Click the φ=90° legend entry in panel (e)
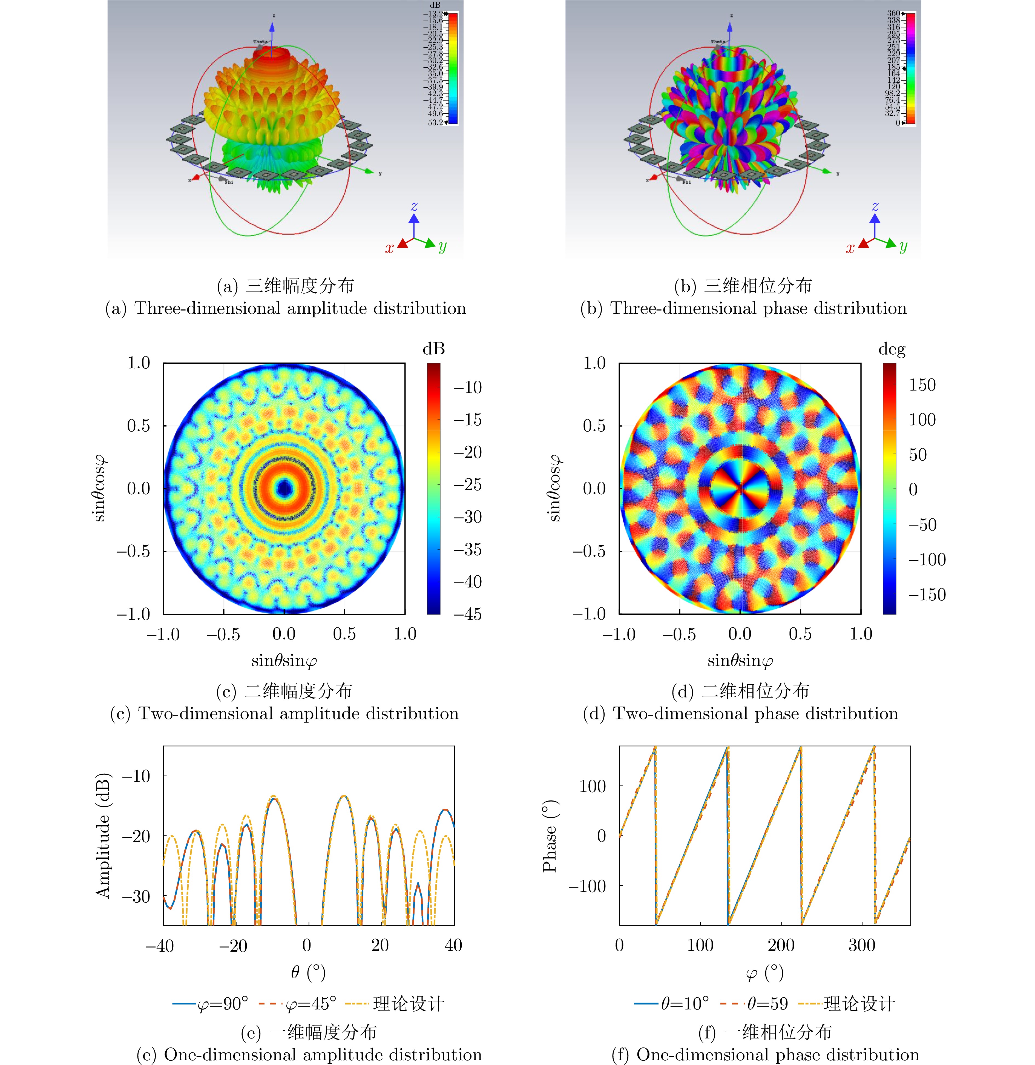coord(211,1004)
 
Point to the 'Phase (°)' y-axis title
coord(550,836)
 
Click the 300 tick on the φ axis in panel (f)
coord(862,945)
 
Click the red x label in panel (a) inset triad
coord(389,248)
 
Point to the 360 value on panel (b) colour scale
coord(893,13)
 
